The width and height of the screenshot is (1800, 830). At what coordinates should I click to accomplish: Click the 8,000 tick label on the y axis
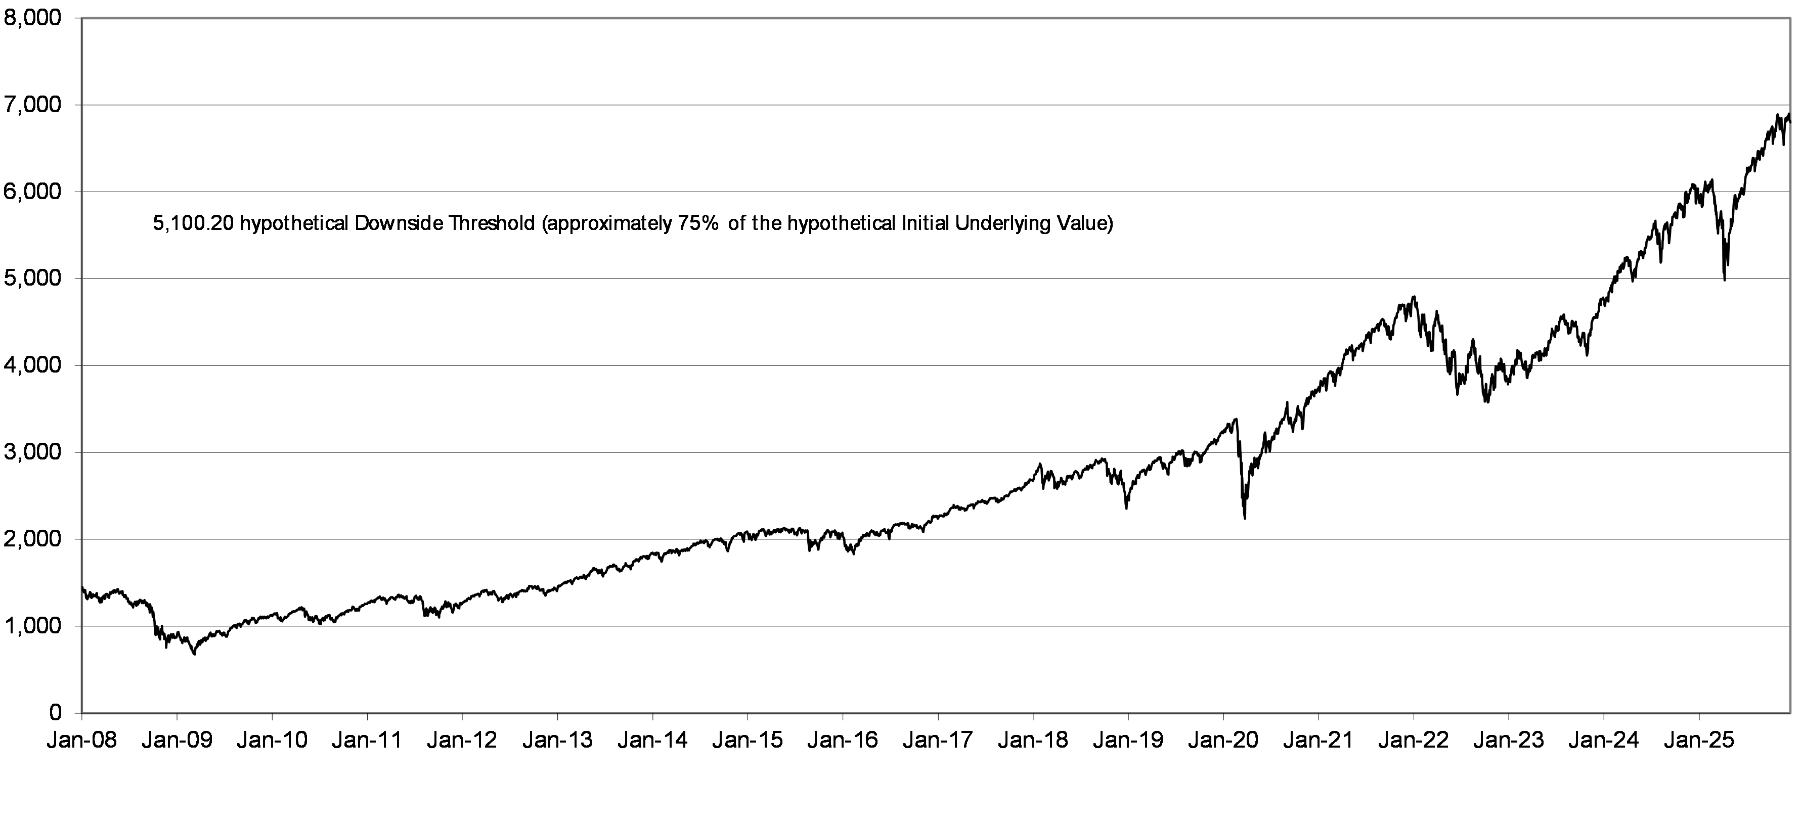point(33,18)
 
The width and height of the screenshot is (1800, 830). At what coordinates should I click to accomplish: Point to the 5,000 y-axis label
point(33,279)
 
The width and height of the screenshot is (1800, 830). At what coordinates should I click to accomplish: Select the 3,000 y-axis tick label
point(33,453)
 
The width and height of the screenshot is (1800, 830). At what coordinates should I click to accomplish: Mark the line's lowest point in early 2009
point(194,655)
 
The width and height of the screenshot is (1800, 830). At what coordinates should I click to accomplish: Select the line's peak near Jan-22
point(1414,297)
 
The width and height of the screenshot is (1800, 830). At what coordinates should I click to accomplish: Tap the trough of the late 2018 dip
point(1126,508)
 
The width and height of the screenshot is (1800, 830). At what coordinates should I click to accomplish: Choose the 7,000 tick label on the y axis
point(33,105)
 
